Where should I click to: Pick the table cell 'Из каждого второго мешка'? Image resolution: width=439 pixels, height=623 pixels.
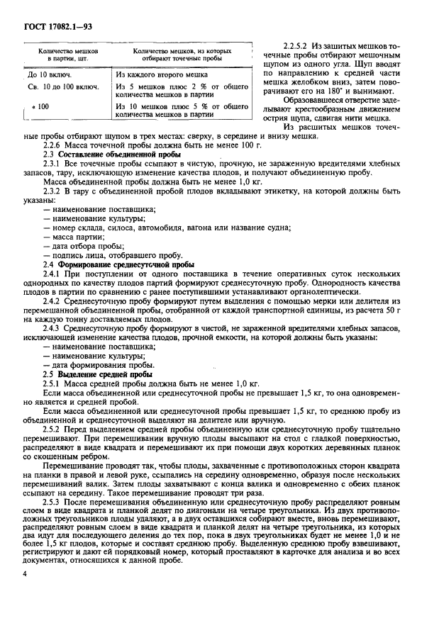pos(161,74)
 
